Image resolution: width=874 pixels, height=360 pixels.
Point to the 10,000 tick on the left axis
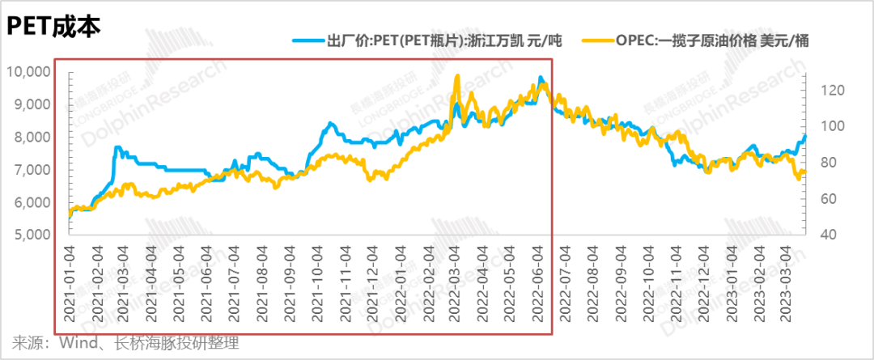[28, 71]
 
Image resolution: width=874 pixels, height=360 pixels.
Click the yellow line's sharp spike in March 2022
[457, 76]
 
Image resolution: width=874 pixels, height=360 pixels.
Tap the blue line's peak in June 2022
[541, 78]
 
